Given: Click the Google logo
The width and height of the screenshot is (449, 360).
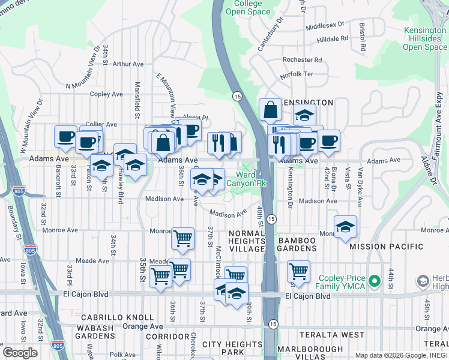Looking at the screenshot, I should point(20,353).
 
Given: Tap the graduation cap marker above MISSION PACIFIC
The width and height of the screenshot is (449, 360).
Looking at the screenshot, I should point(345,227).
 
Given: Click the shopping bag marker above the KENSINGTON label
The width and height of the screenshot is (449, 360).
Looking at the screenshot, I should point(270,110).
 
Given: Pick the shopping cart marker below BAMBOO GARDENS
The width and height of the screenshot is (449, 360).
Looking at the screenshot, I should point(298,272).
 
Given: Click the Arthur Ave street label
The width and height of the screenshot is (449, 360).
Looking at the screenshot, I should point(128,64).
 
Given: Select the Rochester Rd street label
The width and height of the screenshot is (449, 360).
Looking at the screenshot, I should point(302,60).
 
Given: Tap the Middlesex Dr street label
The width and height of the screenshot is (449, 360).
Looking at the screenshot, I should point(325,26).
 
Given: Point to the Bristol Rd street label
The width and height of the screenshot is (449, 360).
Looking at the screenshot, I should point(362,37).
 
